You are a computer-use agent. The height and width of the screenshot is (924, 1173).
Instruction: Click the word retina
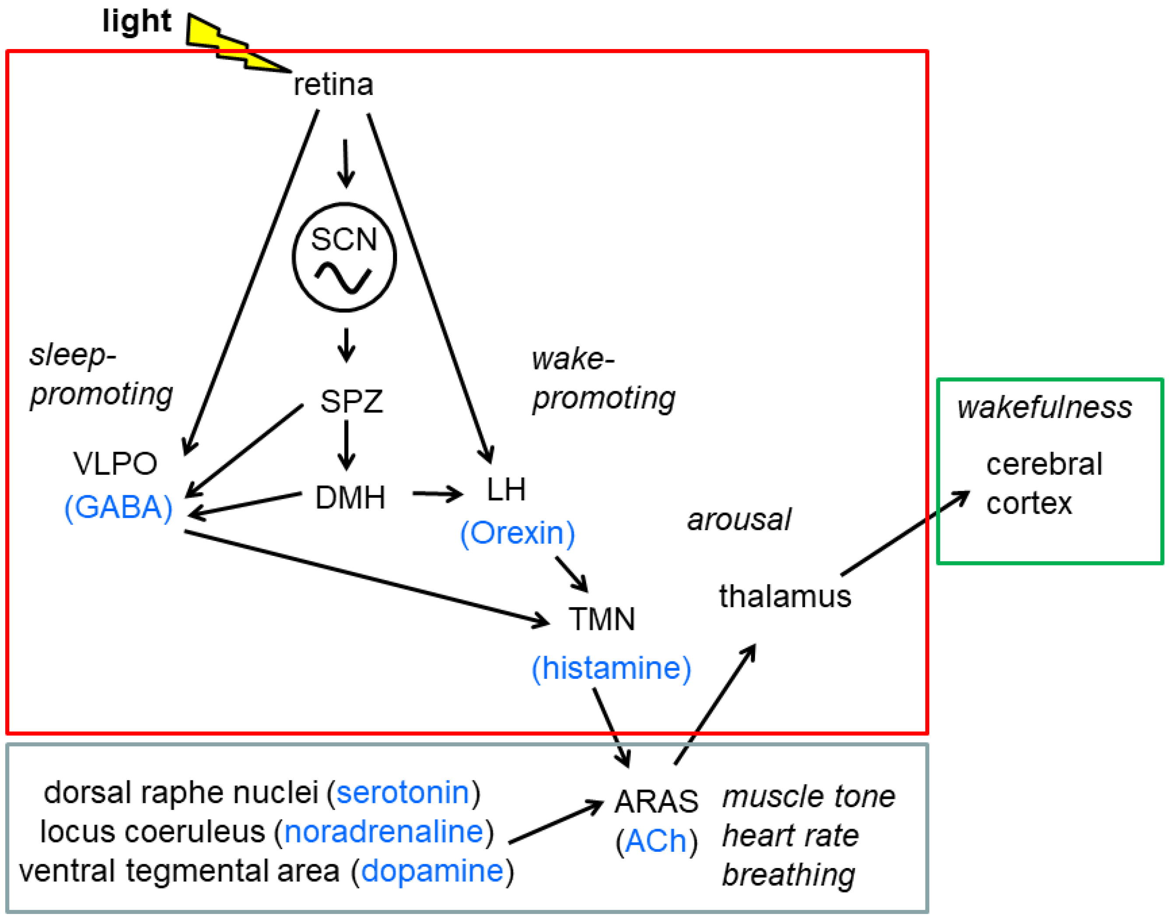pos(333,85)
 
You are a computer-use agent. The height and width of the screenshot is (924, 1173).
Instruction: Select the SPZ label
pos(351,401)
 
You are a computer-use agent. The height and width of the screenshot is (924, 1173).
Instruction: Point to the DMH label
pos(350,497)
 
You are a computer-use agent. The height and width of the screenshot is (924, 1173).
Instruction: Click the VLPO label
pos(115,464)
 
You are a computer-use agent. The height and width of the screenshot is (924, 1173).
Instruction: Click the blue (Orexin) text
pos(517,534)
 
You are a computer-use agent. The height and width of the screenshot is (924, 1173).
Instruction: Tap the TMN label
pos(601,619)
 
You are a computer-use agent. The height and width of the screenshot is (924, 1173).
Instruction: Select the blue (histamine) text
pos(611,669)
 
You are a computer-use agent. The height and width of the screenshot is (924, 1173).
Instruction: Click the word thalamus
pos(785,596)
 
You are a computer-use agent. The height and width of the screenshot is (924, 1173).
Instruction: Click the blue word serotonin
pos(403,793)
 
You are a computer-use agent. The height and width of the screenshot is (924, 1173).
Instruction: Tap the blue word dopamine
pos(432,871)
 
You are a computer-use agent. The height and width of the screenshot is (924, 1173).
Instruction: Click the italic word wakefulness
pos(1044,408)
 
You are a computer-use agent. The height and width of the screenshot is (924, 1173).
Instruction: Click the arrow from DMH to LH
pos(438,493)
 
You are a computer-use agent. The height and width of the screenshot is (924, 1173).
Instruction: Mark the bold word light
pos(137,21)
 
